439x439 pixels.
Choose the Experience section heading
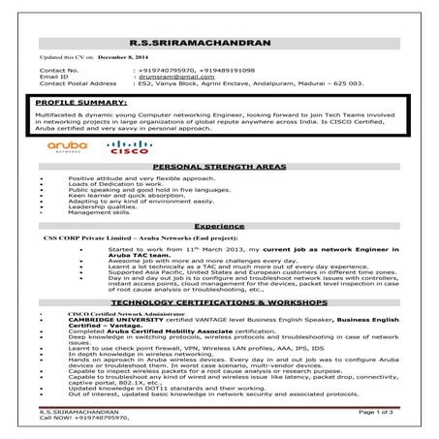click(218, 223)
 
